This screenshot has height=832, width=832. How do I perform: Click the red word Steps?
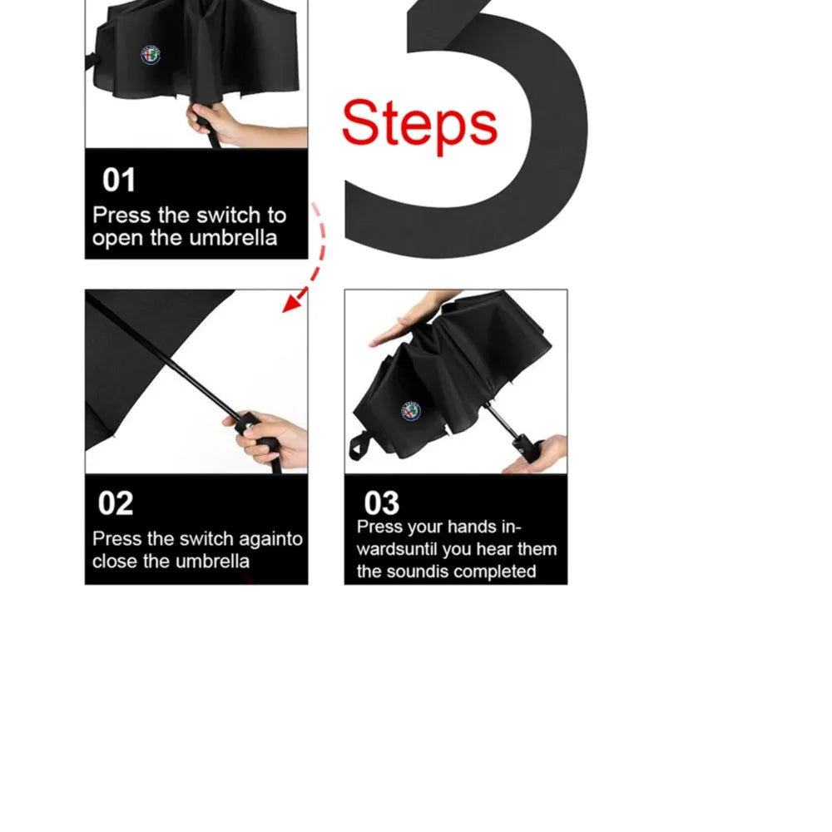(x=419, y=125)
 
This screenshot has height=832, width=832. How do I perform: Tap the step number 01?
(x=119, y=180)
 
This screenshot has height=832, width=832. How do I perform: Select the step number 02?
(x=115, y=503)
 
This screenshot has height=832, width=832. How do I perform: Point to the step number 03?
(x=382, y=503)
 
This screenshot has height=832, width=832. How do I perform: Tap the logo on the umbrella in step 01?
(x=151, y=55)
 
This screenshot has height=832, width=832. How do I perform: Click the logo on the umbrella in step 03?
(x=411, y=412)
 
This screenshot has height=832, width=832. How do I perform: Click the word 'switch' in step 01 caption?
(x=226, y=215)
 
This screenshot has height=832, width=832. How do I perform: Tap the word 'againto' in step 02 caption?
(x=270, y=539)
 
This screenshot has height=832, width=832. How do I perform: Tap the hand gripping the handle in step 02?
(x=270, y=439)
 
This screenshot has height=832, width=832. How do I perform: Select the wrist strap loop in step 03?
(x=359, y=445)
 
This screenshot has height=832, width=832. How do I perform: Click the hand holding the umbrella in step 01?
(x=223, y=125)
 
